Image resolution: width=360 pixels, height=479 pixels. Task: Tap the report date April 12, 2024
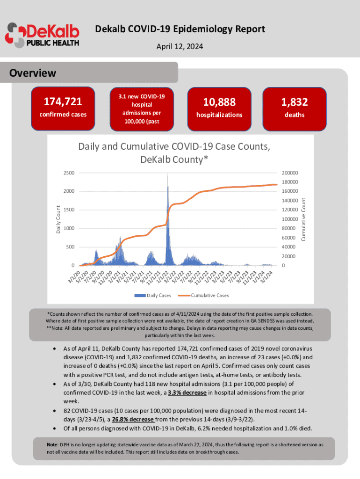click(180, 47)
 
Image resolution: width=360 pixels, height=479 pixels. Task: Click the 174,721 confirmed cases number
click(63, 102)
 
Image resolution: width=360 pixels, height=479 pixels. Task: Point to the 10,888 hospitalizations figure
click(219, 102)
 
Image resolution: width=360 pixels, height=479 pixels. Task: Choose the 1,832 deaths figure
click(294, 102)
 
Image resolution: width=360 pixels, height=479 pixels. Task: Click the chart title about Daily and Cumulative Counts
click(173, 153)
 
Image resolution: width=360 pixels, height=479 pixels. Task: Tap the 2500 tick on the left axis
click(68, 173)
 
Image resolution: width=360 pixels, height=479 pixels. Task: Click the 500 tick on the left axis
click(70, 247)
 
